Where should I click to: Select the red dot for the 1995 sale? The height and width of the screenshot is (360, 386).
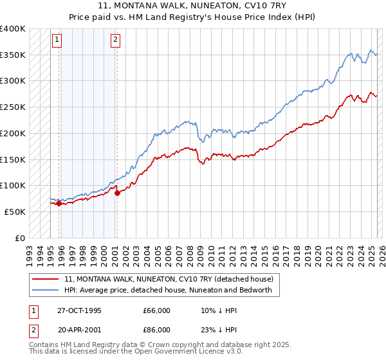[x=59, y=204]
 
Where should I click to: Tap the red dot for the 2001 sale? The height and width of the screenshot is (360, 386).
[x=117, y=192]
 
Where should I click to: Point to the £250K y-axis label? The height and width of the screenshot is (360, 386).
[x=12, y=107]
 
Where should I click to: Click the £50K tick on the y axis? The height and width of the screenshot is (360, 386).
[x=15, y=212]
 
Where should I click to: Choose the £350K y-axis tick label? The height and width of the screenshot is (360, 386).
[x=12, y=55]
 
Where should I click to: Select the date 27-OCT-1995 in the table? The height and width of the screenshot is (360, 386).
[x=79, y=310]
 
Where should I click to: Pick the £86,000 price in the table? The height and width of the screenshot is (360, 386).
[x=156, y=329]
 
